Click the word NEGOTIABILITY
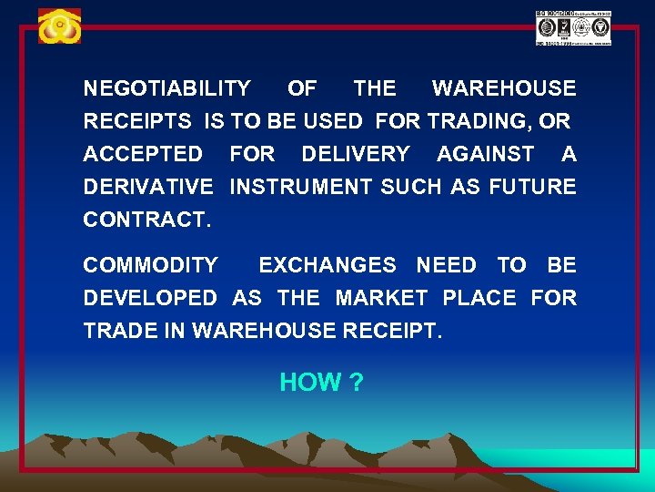point(166,88)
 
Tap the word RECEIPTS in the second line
point(137,121)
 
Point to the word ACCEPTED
point(143,154)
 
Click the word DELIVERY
point(356,154)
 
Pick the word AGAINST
point(486,154)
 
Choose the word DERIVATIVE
point(148,187)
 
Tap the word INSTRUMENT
point(301,187)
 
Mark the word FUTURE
point(532,187)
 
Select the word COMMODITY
point(151,265)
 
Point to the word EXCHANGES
point(327,265)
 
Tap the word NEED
point(446,265)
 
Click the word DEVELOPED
point(150,298)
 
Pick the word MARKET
point(381,298)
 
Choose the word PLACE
point(479,298)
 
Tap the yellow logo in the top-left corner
point(59,27)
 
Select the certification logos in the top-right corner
point(573,28)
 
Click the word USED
point(333,121)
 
